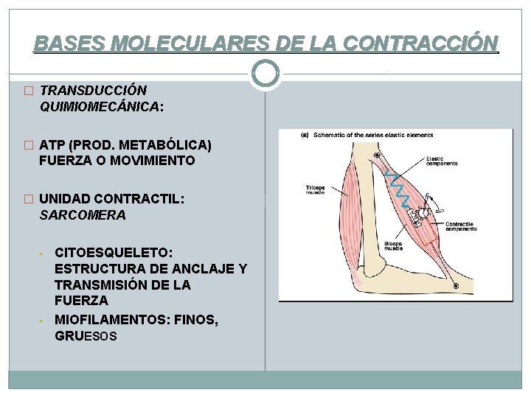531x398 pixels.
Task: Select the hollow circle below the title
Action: click(265, 72)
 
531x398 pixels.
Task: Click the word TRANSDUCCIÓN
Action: click(93, 91)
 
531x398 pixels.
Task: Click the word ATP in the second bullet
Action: click(52, 144)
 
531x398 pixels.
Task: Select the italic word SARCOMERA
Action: click(83, 215)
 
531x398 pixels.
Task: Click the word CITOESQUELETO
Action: click(114, 253)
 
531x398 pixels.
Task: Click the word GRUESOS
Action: click(86, 336)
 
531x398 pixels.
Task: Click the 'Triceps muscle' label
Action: click(316, 190)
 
